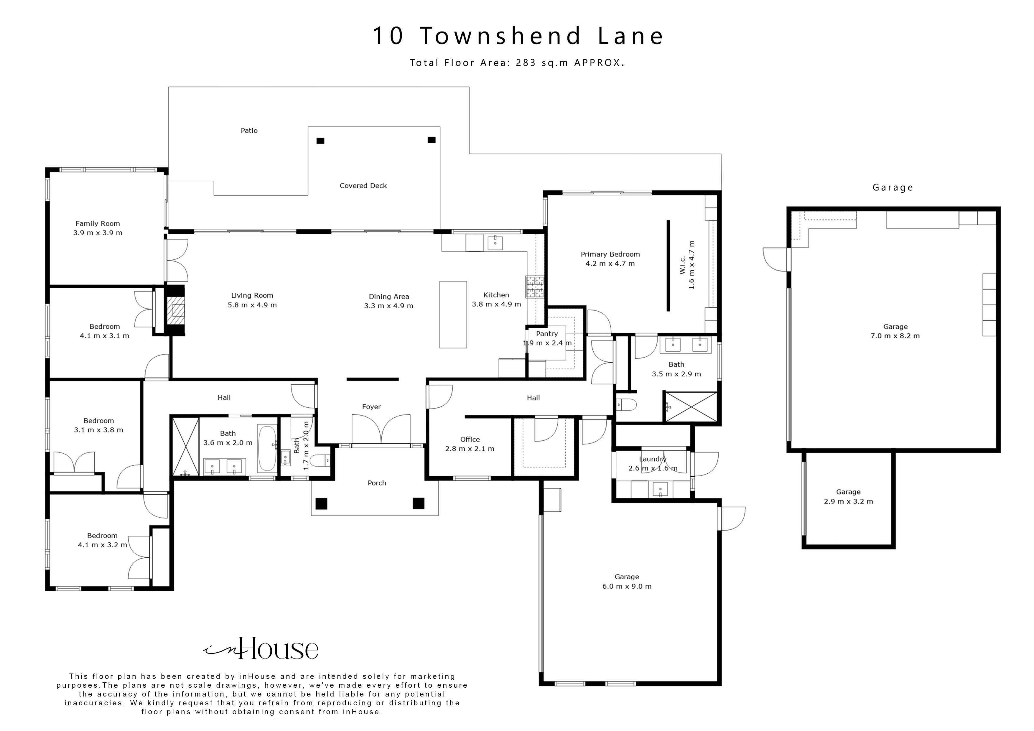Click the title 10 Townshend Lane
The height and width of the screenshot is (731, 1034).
click(518, 36)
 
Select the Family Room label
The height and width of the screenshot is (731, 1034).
click(98, 223)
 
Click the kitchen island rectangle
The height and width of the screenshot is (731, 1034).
click(453, 315)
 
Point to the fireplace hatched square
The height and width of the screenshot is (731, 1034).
click(176, 311)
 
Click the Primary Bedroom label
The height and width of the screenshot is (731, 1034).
click(610, 254)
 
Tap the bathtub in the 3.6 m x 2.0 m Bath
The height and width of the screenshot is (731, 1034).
click(267, 448)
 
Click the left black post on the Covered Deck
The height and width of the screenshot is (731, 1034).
click(320, 141)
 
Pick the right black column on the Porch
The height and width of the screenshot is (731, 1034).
click(418, 503)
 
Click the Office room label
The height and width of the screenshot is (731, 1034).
click(470, 439)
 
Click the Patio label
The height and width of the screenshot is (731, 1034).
click(249, 131)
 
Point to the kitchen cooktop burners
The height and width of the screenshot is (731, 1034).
click(535, 287)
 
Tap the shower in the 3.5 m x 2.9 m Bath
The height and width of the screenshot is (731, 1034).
click(690, 407)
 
